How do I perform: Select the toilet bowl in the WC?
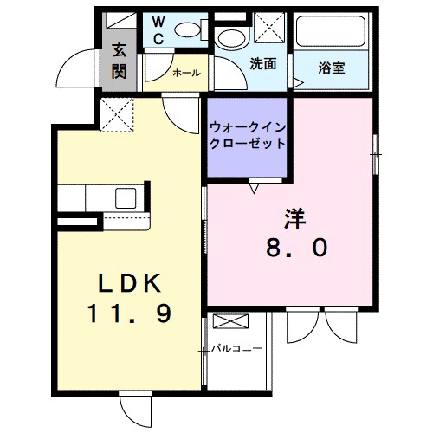187,29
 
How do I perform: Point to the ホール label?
187,74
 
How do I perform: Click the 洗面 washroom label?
262,64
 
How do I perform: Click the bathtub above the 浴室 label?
332,34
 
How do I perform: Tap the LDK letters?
128,284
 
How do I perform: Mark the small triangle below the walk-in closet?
255,185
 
